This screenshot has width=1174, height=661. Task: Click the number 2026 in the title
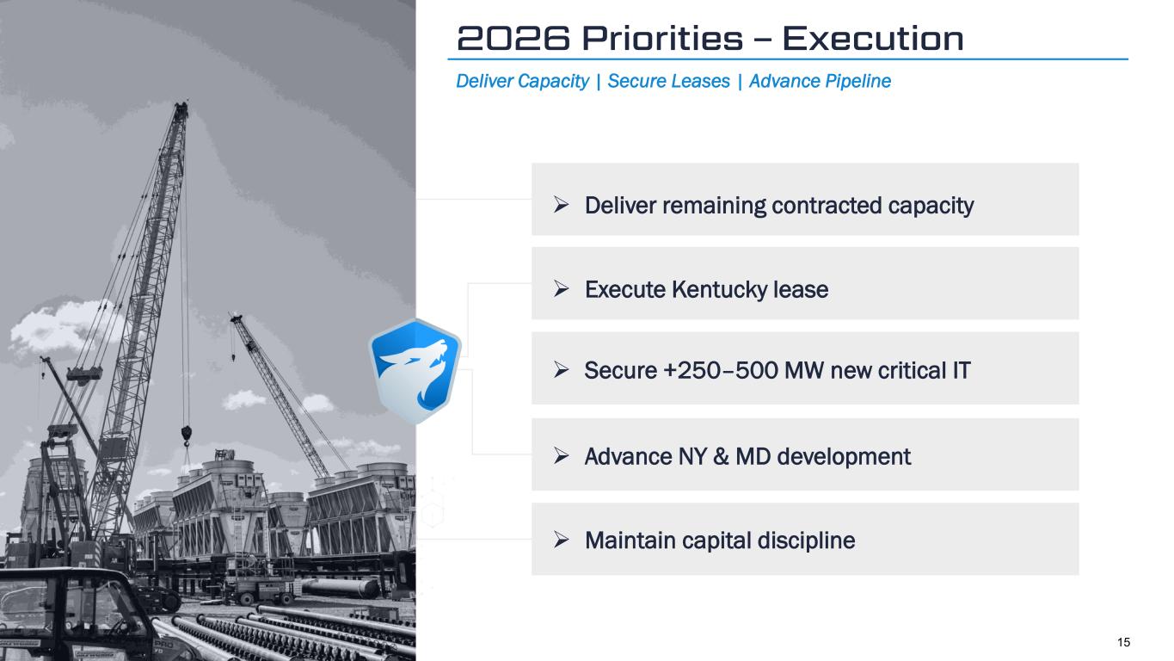[x=513, y=38]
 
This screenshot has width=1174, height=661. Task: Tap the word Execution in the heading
[x=873, y=38]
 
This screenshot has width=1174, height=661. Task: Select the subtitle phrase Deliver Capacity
[x=523, y=81]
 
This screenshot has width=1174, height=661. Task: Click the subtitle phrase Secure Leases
[x=669, y=81]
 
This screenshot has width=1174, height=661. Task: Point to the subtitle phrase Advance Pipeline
[x=820, y=81]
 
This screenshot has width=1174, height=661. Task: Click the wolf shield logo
[x=415, y=372]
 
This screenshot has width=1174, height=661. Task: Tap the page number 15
[x=1123, y=642]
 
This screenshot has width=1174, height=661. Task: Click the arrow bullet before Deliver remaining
[x=561, y=205]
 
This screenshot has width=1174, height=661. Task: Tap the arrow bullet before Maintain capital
[x=561, y=540]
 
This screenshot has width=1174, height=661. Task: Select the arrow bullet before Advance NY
[x=561, y=456]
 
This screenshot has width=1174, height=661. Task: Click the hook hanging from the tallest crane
[x=186, y=436]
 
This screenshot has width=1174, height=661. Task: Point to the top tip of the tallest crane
[x=183, y=102]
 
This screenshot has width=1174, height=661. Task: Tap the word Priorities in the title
[x=662, y=38]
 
